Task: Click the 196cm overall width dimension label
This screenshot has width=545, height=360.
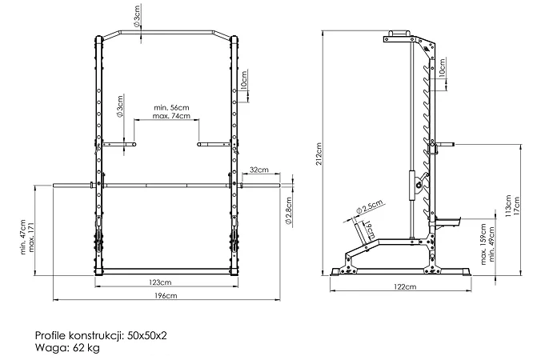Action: pyautogui.click(x=166, y=296)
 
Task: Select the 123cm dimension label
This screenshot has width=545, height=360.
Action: pyautogui.click(x=160, y=282)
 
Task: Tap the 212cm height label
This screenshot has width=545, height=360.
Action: pyautogui.click(x=319, y=154)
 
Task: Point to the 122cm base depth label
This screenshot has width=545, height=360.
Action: pyautogui.click(x=405, y=286)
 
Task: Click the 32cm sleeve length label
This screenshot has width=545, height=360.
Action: pyautogui.click(x=259, y=170)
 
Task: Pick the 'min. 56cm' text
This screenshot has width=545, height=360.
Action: pyautogui.click(x=172, y=108)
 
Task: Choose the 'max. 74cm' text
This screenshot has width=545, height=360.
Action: pyautogui.click(x=172, y=116)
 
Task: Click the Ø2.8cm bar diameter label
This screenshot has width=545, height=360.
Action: pyautogui.click(x=288, y=210)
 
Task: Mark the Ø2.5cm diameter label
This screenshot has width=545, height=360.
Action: pyautogui.click(x=369, y=206)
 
